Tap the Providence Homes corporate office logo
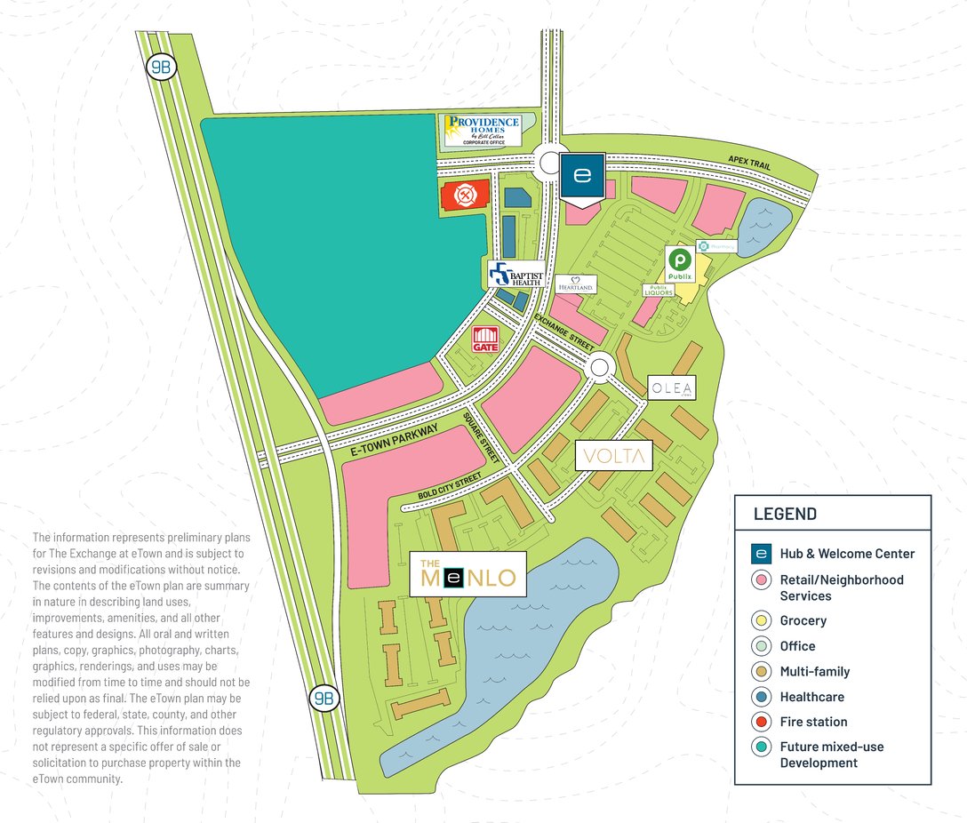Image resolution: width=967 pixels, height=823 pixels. [x=483, y=130]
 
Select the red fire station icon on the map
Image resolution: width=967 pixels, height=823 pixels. [x=462, y=195]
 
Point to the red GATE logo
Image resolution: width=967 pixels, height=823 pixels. [x=485, y=340]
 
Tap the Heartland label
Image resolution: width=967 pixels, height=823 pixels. [x=575, y=284]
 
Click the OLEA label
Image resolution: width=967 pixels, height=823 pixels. [x=671, y=388]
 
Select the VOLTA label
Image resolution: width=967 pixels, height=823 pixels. [x=614, y=456]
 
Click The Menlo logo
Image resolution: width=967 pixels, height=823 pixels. [x=468, y=574]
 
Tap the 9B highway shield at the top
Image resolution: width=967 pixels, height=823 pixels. [x=160, y=67]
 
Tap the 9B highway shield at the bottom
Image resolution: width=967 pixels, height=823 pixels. [x=322, y=698]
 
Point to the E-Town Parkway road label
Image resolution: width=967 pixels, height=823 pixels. [x=393, y=442]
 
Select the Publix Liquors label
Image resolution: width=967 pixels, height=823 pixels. [x=658, y=291]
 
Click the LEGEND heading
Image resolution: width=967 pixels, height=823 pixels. [x=785, y=514]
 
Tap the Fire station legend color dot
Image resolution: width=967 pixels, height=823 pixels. [x=760, y=722]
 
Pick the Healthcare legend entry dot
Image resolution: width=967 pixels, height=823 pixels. [x=760, y=697]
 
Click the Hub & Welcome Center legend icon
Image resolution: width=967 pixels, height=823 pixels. [x=760, y=553]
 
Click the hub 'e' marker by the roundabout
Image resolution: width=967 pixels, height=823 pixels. [x=582, y=176]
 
